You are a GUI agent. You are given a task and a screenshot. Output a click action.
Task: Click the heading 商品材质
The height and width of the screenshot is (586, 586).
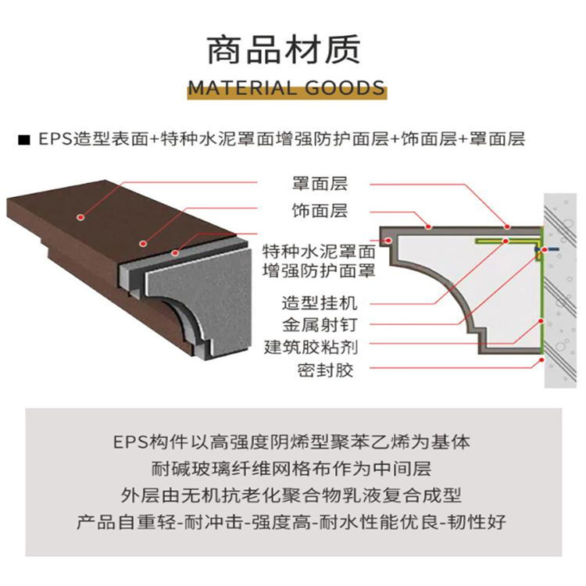pos(284,49)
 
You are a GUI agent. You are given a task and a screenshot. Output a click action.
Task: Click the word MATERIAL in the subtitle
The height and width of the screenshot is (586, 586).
pos(242,88)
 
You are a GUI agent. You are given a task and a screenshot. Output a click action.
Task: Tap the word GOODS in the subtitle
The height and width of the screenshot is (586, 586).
pos(345,88)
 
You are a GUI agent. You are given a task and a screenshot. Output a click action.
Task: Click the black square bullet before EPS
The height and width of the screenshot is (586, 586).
pos(24,140)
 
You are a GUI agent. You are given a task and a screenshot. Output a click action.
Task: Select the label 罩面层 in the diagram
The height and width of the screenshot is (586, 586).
pos(320,184)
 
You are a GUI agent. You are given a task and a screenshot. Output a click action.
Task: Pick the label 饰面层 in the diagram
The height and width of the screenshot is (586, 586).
pos(320,211)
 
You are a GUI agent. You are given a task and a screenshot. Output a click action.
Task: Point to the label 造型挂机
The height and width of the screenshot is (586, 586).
pos(320,302)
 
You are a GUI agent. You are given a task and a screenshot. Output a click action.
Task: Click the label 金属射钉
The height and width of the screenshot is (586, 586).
pos(320,325)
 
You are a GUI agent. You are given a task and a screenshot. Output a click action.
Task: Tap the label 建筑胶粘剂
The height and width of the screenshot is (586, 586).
pos(311,347)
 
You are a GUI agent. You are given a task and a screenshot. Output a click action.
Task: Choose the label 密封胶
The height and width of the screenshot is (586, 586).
pos(325,370)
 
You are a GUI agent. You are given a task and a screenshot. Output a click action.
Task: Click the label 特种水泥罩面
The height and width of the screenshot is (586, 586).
pos(319,252)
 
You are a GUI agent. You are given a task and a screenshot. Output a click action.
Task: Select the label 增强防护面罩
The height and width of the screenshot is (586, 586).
pos(319,270)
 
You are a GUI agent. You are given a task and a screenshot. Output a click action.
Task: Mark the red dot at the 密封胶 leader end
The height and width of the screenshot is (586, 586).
pos(541,360)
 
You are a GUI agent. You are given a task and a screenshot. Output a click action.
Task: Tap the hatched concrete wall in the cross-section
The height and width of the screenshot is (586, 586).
pos(560,291)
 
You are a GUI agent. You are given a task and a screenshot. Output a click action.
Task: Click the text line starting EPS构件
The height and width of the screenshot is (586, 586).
pos(291,442)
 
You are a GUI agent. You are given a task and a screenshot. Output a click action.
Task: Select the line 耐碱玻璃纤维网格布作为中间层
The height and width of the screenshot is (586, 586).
pos(291,469)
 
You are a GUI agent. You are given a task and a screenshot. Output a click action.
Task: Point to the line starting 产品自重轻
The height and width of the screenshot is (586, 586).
pos(291,522)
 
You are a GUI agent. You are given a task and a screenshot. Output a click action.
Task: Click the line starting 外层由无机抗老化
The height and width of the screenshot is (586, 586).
pos(291,495)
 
